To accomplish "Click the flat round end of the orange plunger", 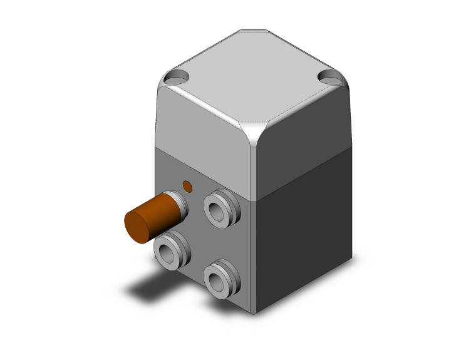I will [139, 227].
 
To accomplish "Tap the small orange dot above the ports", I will [187, 185].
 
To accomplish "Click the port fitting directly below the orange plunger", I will [170, 252].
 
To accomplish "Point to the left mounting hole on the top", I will [177, 78].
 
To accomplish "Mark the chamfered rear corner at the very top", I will [254, 29].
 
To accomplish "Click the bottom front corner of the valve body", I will [254, 313].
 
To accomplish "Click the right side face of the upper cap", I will [304, 147].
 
